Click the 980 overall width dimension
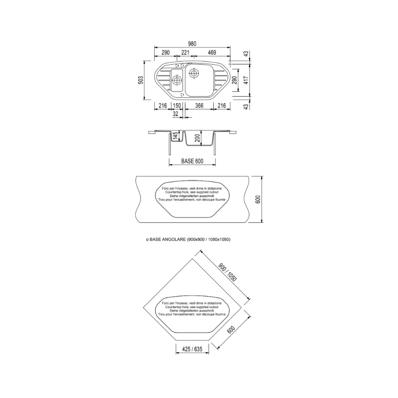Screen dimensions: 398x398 [192, 44]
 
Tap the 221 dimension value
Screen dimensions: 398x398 [185, 53]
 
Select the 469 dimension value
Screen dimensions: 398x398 [212, 53]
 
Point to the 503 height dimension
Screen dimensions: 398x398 [141, 80]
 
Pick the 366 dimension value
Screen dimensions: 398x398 [199, 105]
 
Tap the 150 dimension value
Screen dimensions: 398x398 [177, 105]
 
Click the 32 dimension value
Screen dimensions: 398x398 [176, 114]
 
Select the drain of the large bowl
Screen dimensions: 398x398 [194, 73]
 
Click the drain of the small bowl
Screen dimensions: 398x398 [176, 80]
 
